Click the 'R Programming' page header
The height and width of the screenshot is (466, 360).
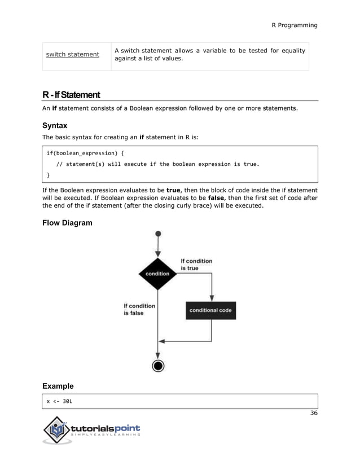[x=294, y=25]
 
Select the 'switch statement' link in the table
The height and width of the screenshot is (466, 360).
[x=72, y=55]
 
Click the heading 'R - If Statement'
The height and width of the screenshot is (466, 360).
[x=71, y=94]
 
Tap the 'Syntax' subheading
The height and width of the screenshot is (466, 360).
[x=55, y=125]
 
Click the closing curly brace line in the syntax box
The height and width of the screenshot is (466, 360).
[x=48, y=175]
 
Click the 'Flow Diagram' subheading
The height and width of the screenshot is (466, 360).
[x=67, y=223]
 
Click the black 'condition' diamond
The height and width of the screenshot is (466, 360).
[x=157, y=274]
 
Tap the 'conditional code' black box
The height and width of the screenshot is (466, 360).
[x=210, y=310]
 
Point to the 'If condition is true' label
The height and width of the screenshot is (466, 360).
[x=196, y=265]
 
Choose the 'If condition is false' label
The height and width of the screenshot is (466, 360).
[x=139, y=309]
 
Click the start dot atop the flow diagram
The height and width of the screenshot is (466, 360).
[x=158, y=233]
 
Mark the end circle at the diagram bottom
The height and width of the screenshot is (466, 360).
[x=158, y=366]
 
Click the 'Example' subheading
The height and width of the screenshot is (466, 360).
[x=58, y=386]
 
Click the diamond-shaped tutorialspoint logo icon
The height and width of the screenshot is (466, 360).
[x=57, y=431]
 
